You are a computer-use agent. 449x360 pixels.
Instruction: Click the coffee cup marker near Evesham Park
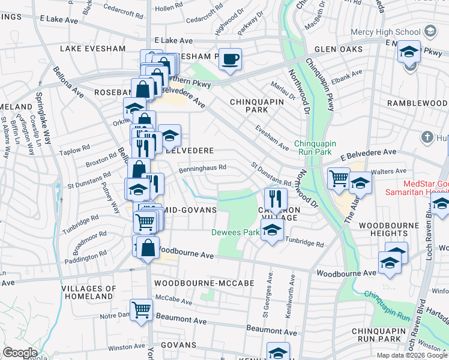coord(230,59)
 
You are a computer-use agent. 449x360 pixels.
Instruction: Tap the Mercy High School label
coord(387,31)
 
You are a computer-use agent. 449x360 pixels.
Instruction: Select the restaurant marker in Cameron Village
coord(275,199)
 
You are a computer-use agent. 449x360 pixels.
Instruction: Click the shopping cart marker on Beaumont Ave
coord(142,310)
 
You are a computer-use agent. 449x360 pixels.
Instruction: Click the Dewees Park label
coord(243,232)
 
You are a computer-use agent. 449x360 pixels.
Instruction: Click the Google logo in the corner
coord(20,353)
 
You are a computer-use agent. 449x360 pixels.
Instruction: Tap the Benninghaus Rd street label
coord(202,169)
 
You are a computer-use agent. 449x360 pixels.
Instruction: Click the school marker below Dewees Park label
coord(272,231)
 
